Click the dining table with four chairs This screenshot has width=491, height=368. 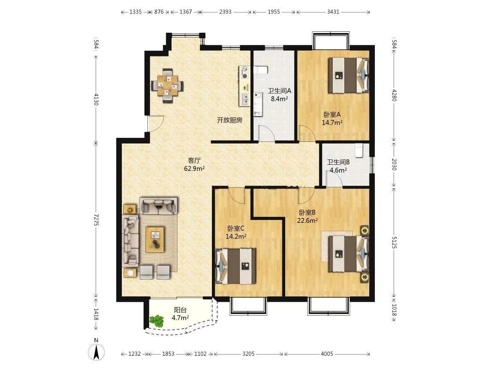[167, 85]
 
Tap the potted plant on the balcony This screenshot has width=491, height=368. [157, 321]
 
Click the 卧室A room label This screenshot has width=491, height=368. [332, 114]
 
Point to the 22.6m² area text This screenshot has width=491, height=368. [307, 220]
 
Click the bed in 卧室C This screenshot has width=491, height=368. [236, 266]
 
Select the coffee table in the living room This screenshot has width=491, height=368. [155, 240]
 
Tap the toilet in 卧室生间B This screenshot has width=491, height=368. [359, 150]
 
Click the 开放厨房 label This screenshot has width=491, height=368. [230, 120]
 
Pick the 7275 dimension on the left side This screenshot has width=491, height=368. [96, 220]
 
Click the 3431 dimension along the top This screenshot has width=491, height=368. [333, 12]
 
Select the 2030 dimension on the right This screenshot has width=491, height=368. [394, 164]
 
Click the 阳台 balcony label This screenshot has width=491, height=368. [180, 310]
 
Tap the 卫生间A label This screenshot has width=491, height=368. [279, 91]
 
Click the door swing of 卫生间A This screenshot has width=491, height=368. [266, 133]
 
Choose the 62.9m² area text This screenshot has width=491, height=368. [194, 168]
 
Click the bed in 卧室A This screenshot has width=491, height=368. [348, 75]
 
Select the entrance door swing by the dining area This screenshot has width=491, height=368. [156, 123]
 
